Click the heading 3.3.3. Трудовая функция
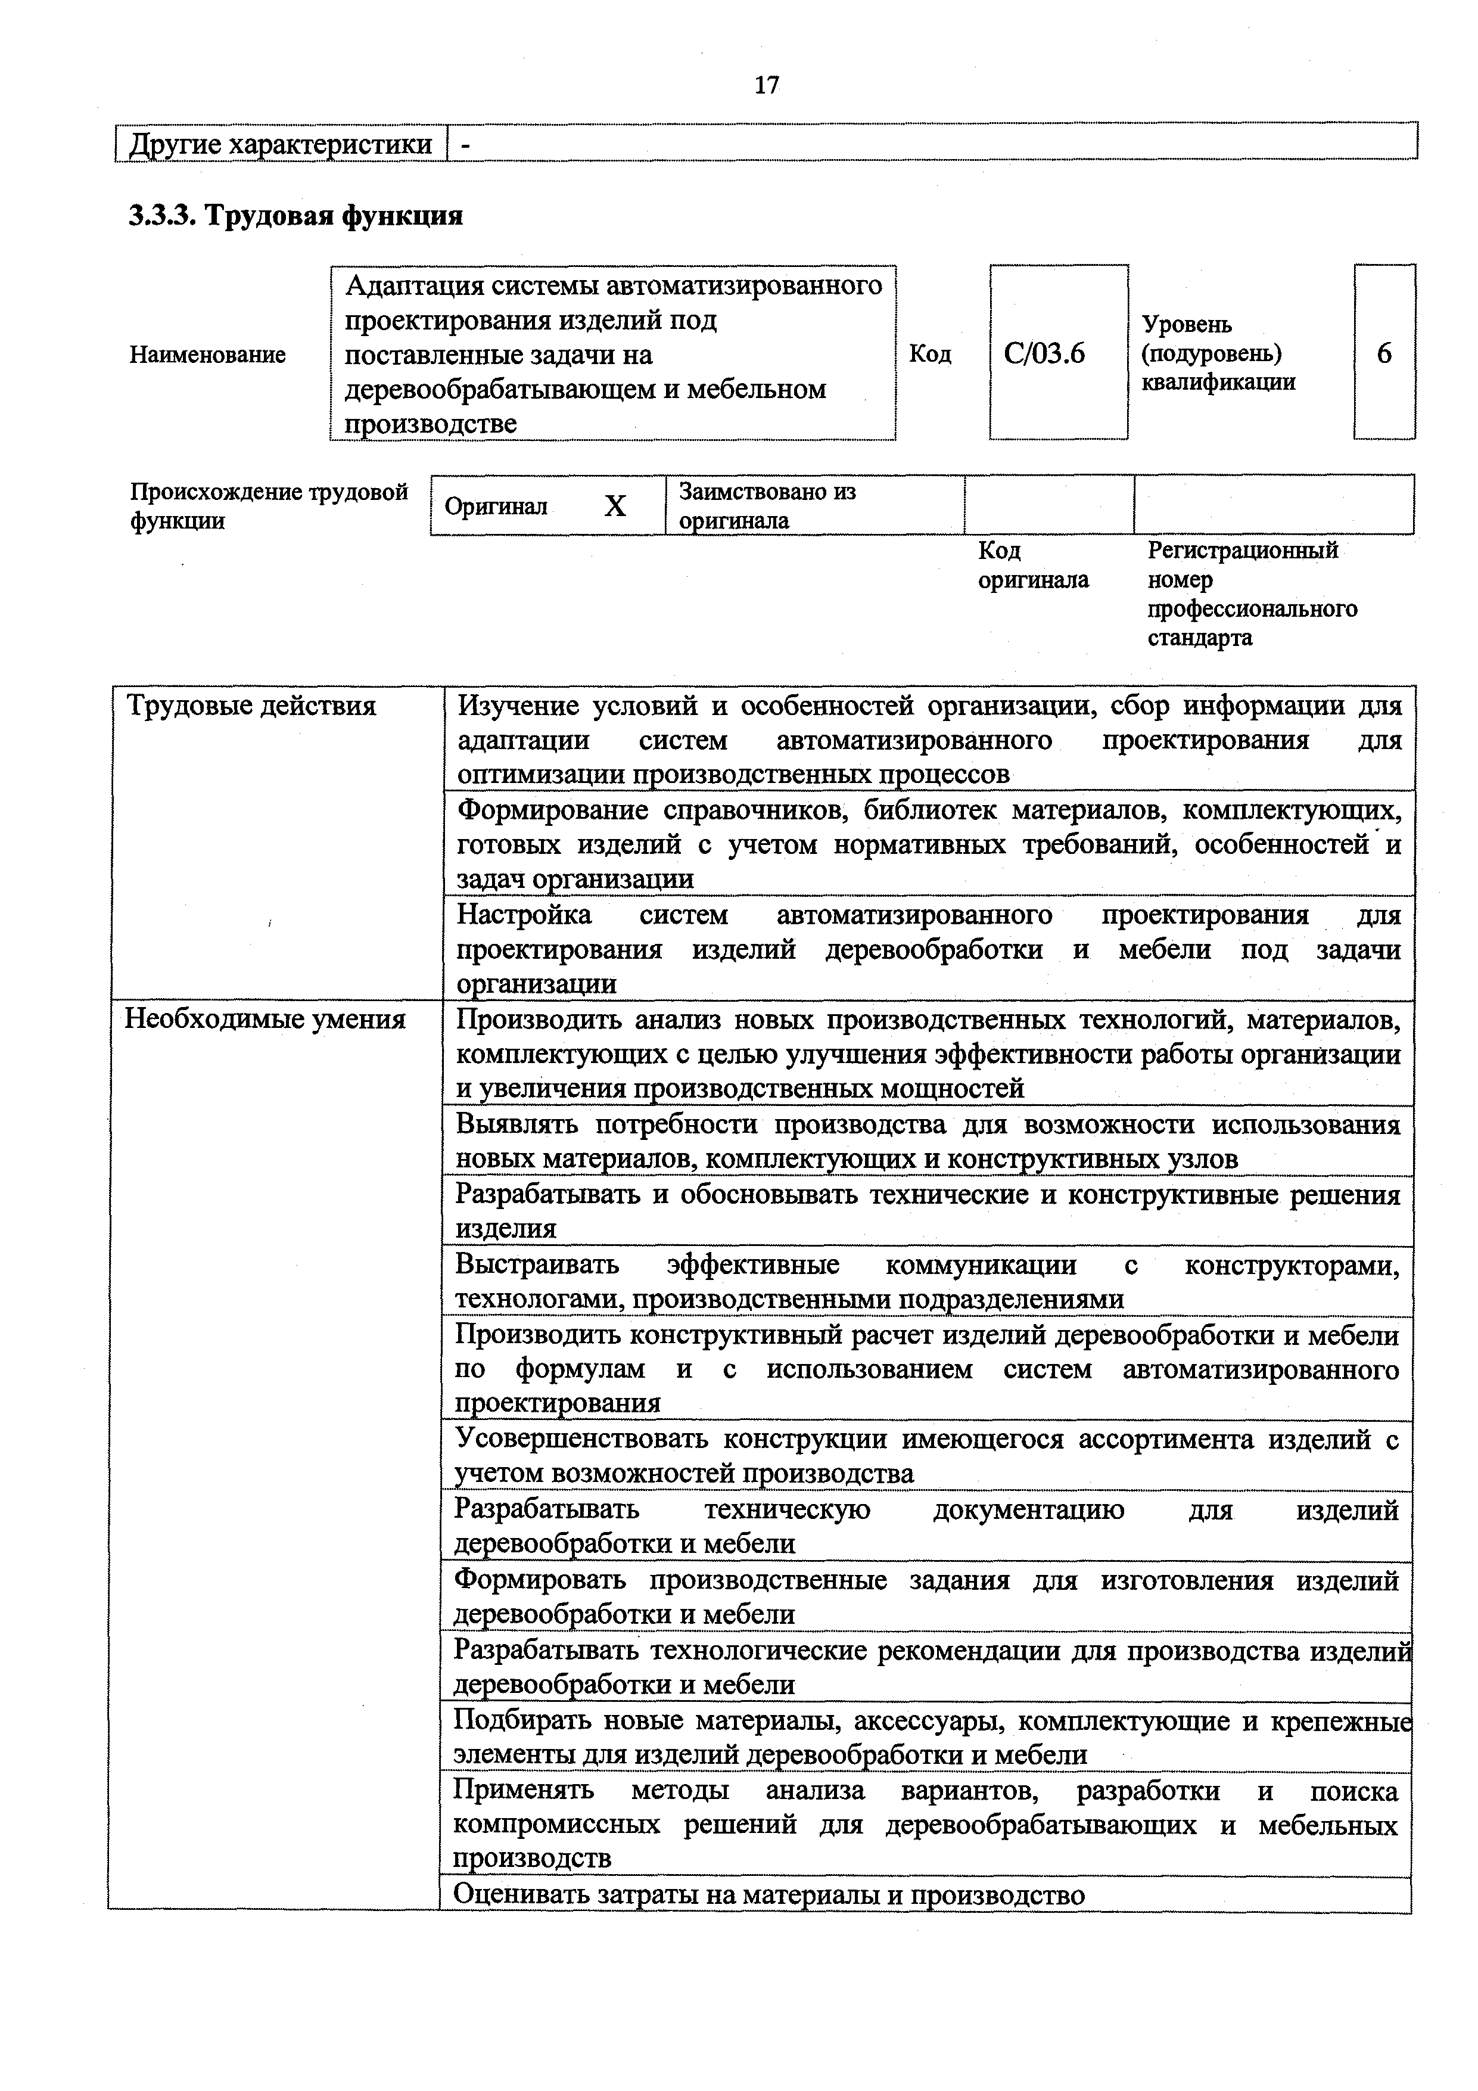coord(296,216)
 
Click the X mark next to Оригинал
coord(615,505)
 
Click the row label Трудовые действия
coord(250,706)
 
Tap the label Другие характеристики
coord(281,144)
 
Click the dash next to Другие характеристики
coord(465,144)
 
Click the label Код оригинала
coord(1032,565)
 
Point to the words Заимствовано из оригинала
coord(767,505)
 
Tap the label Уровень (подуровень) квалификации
coord(1218,352)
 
